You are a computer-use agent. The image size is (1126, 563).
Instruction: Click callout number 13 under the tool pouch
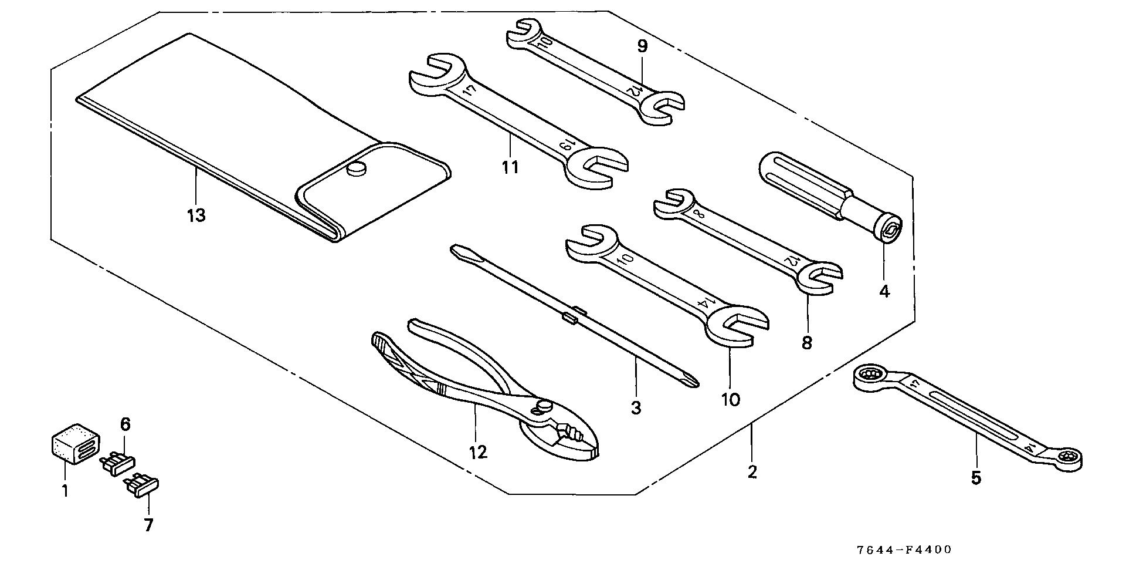(196, 215)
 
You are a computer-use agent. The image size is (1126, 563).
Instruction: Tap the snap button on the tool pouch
(356, 169)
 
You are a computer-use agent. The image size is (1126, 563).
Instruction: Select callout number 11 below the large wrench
(510, 167)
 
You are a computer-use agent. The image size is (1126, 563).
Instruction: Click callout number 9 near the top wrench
(642, 46)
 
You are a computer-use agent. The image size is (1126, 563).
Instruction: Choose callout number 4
(884, 291)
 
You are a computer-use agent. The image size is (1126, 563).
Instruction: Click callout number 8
(807, 343)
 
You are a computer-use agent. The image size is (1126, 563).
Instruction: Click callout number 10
(730, 400)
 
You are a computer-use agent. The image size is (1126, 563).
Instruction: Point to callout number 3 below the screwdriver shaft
(636, 407)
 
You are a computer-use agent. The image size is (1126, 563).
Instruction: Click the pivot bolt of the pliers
(543, 406)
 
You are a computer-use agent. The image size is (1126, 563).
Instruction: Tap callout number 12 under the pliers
(478, 452)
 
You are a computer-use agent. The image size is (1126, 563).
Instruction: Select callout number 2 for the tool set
(752, 471)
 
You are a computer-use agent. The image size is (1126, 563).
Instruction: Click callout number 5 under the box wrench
(976, 478)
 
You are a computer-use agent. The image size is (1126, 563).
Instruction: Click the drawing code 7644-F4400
(904, 550)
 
